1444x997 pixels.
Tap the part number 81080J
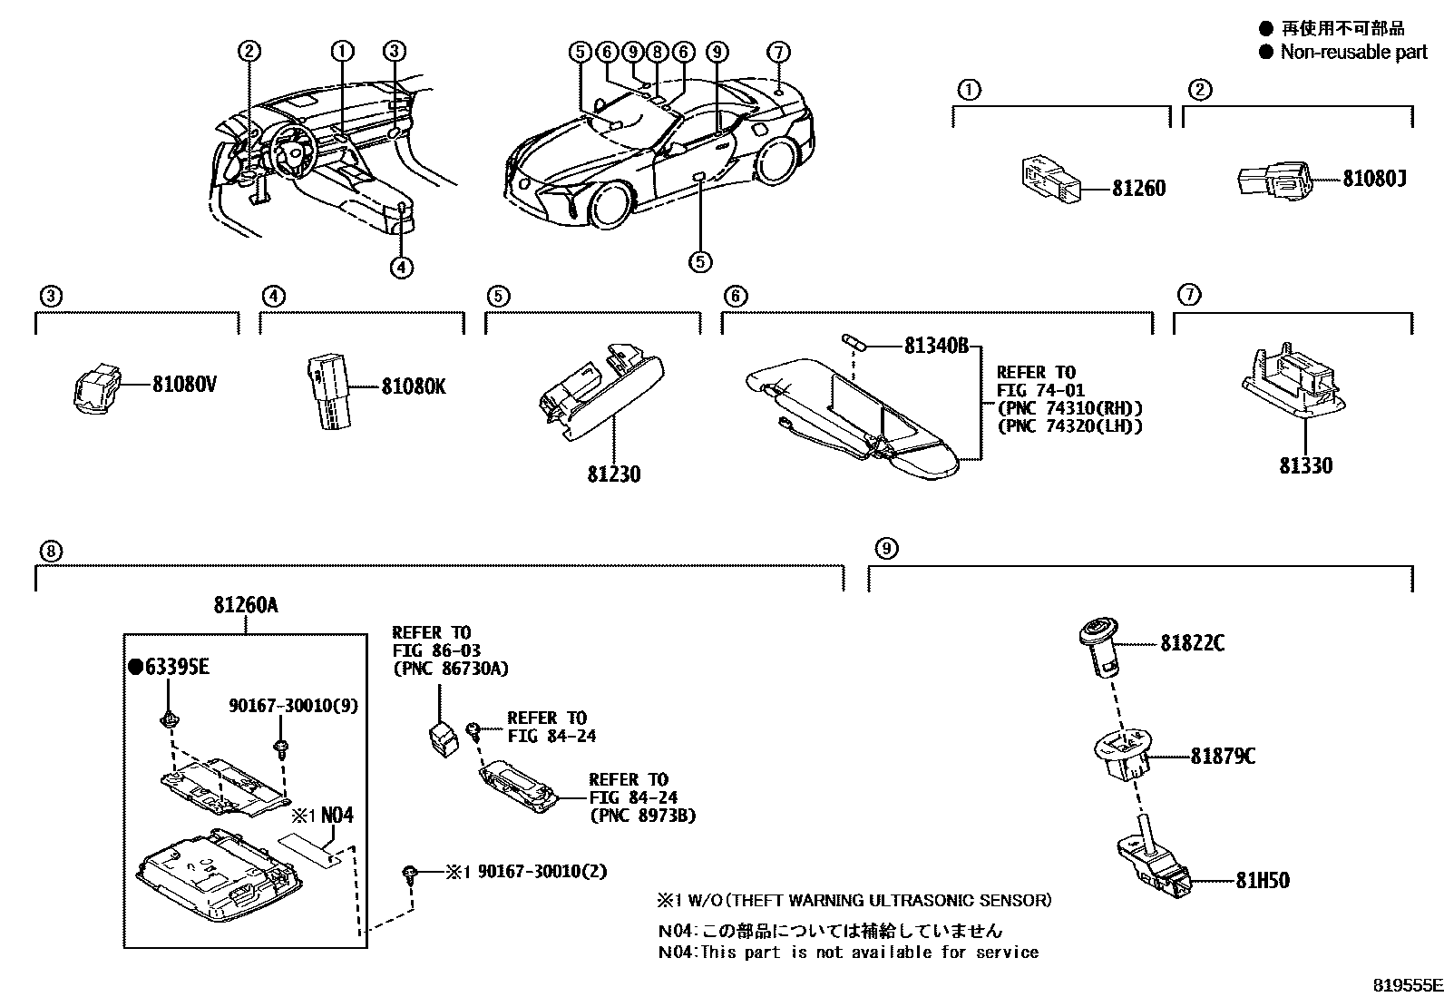coord(1374,179)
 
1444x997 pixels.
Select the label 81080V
coord(184,385)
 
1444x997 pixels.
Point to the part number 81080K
coord(413,387)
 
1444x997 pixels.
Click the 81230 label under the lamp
coord(613,474)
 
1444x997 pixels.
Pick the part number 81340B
coord(936,346)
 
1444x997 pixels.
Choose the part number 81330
coord(1305,465)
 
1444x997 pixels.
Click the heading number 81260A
coord(246,604)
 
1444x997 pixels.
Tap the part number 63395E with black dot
coord(170,668)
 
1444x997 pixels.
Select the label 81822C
coord(1192,643)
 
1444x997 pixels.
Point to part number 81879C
coord(1223,756)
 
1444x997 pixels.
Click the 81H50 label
coord(1262,880)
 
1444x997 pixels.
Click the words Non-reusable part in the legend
coord(1353,52)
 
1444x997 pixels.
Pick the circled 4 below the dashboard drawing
coord(403,267)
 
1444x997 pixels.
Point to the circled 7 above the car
coord(779,51)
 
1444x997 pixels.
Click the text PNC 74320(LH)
coord(1069,425)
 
